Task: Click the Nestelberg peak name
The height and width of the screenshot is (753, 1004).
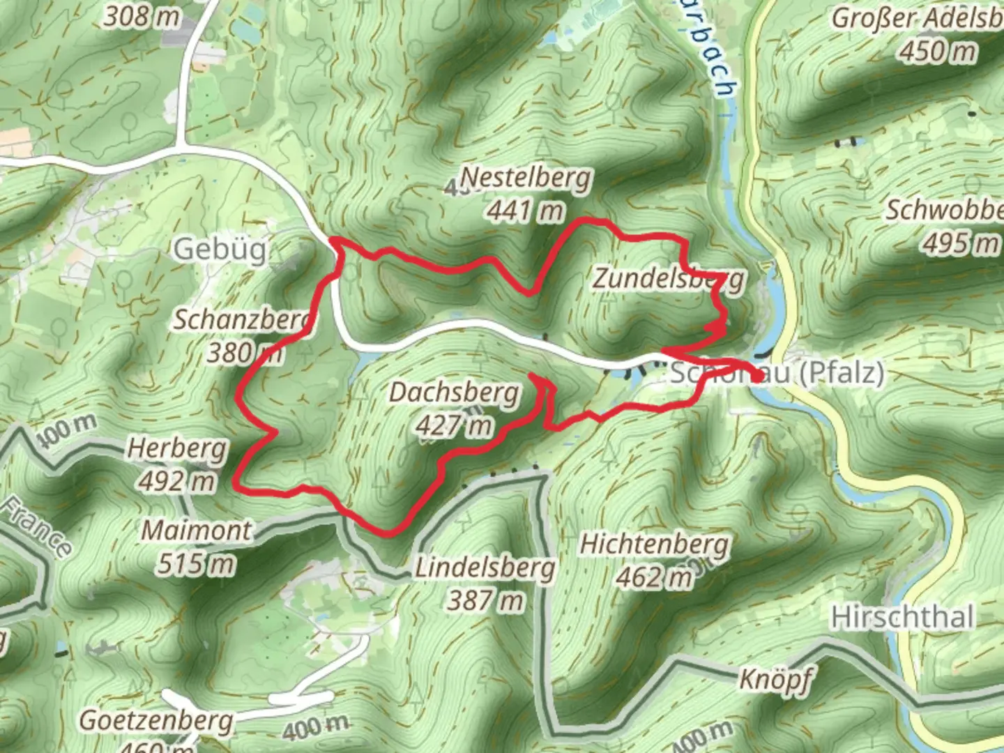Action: (526, 178)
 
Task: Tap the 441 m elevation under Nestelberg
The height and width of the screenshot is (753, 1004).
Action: (525, 210)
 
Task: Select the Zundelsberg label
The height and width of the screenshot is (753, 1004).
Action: (668, 279)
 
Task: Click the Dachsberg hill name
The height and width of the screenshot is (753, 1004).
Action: (454, 393)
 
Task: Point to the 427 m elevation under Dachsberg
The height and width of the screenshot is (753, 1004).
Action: (454, 425)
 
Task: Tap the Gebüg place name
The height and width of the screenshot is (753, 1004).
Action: (220, 249)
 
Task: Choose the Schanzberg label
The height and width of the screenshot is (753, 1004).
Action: (241, 320)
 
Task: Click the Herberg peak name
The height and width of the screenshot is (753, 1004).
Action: (177, 449)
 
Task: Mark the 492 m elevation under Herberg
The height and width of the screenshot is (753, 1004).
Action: (177, 480)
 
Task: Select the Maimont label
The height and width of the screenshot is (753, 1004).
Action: (196, 531)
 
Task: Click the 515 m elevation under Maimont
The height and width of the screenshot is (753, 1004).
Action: (196, 563)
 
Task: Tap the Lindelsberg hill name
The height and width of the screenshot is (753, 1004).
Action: (485, 568)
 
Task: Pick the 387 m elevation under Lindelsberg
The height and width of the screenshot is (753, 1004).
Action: (485, 600)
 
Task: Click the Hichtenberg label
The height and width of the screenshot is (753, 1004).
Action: (654, 545)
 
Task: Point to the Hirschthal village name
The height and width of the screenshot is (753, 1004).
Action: (902, 618)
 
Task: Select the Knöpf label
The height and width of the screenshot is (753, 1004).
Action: (775, 678)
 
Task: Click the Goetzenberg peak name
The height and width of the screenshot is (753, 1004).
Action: (155, 720)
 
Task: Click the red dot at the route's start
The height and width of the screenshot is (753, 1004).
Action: (758, 378)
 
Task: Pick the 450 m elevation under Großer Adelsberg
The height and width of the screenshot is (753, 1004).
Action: (938, 51)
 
